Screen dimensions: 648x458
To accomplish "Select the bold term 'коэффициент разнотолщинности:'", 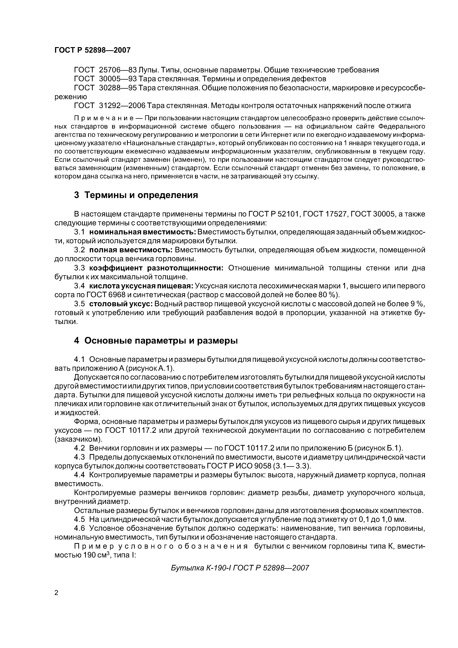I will [157, 268].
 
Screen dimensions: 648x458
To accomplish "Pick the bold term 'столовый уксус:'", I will [121, 304].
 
